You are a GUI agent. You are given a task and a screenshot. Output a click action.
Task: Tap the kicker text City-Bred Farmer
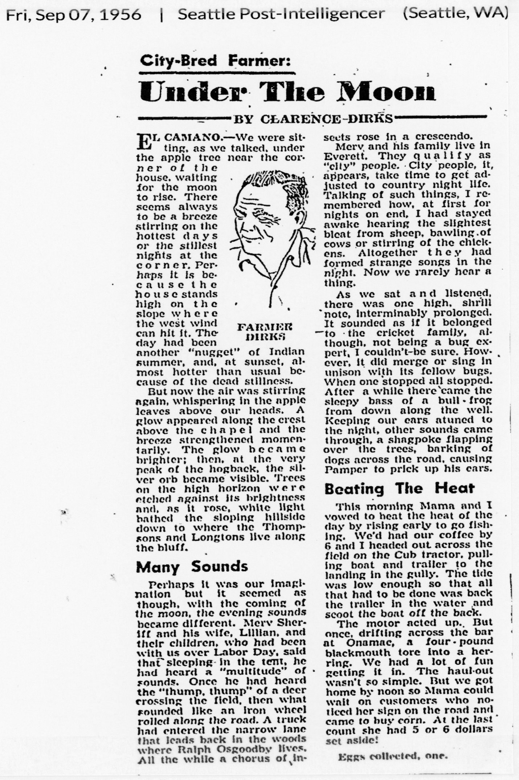pyautogui.click(x=215, y=61)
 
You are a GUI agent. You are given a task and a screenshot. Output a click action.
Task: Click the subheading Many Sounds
pyautogui.click(x=192, y=566)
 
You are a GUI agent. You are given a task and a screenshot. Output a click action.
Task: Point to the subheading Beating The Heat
pyautogui.click(x=399, y=488)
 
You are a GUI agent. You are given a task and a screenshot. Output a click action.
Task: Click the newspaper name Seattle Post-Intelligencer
pyautogui.click(x=281, y=14)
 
